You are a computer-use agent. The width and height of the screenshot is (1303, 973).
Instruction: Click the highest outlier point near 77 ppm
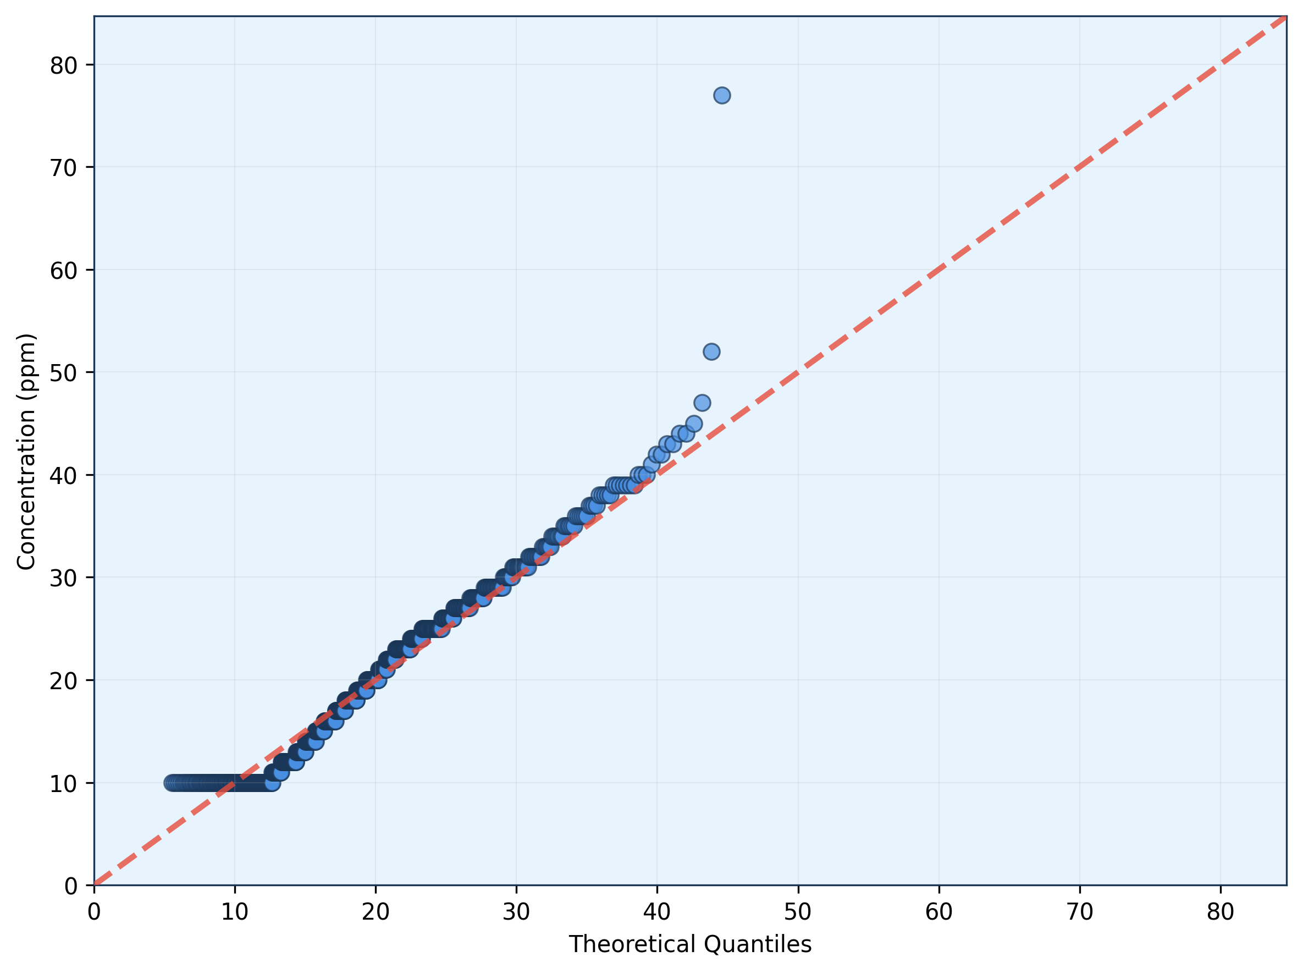click(722, 95)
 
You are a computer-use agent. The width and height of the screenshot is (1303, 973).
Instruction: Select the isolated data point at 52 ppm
click(711, 351)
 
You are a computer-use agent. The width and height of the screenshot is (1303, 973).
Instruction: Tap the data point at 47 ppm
click(702, 403)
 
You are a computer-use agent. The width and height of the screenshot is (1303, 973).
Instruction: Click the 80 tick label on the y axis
click(64, 65)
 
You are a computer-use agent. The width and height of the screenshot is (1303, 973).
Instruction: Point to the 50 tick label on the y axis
click(64, 373)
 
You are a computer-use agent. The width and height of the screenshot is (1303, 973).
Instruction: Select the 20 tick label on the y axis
click(64, 681)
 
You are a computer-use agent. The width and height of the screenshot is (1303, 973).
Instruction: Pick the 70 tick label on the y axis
click(64, 168)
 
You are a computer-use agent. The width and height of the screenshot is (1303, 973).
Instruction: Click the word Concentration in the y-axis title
click(26, 489)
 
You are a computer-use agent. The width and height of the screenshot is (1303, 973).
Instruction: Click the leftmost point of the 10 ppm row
click(172, 783)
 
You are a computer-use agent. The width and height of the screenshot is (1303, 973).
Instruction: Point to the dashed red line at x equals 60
click(938, 270)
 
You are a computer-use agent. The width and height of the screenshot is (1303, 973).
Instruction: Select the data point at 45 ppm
click(694, 424)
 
